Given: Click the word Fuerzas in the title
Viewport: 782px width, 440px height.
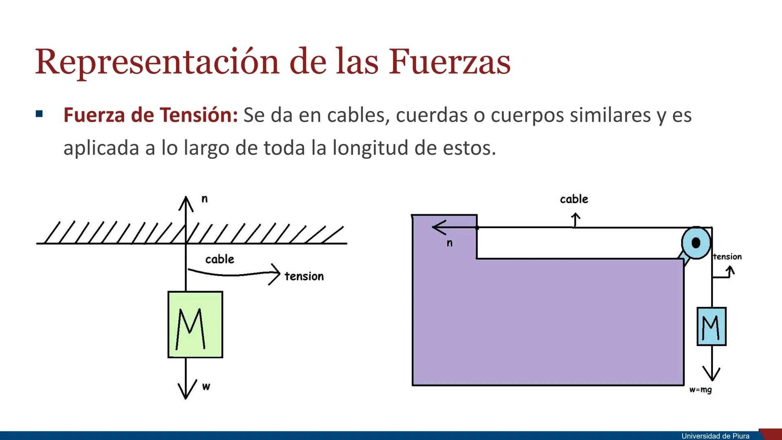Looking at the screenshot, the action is point(450,62).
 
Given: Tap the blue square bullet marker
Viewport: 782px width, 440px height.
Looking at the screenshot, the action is point(39,114).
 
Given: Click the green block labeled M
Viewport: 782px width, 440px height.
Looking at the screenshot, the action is point(195,325).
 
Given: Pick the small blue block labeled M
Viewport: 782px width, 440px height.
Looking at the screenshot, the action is point(712,326).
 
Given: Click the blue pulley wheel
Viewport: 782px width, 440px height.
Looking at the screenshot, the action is point(696,243).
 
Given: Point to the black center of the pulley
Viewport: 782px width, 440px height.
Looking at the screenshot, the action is point(696,243).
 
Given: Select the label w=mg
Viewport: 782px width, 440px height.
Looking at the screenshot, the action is point(701,390).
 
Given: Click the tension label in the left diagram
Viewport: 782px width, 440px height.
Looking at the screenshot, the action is point(304,276).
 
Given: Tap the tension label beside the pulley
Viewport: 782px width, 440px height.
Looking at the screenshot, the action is point(727,257).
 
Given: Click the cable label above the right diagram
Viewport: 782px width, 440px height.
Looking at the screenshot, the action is point(574,199).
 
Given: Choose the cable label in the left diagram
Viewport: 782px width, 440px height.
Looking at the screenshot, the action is point(220,259).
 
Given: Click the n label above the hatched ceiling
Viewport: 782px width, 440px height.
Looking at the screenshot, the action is point(204,199).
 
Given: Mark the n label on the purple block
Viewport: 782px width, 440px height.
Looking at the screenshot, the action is point(450,243).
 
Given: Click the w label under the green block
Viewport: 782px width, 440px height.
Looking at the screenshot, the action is point(206,386).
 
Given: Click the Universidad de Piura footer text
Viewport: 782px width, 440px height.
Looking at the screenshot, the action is point(715,436).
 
